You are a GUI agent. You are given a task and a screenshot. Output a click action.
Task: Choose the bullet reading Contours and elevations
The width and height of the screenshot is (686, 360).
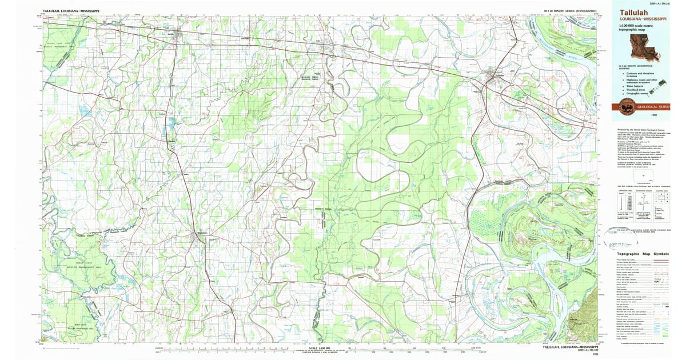(x=641, y=75)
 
